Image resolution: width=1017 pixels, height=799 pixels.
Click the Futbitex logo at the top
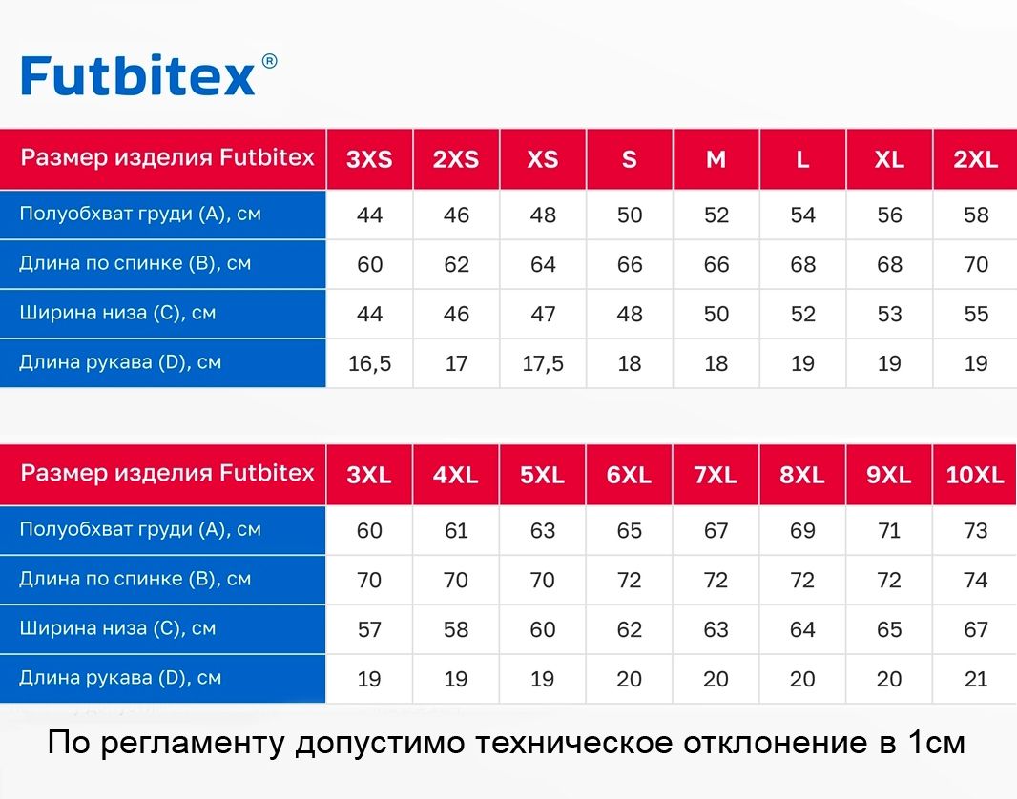138,75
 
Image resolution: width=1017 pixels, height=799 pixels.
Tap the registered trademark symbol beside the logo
269,62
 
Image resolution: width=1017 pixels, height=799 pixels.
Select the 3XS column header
369,159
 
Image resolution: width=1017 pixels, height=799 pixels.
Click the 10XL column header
975,475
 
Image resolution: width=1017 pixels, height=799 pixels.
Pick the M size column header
716,159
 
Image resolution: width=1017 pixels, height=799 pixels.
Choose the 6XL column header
629,475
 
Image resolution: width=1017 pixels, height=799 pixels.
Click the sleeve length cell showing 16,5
370,363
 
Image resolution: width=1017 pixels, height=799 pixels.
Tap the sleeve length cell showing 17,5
543,363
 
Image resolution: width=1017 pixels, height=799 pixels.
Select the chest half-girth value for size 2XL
976,215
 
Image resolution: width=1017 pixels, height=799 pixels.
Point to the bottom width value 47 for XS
543,315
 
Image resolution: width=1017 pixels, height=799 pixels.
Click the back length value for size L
803,264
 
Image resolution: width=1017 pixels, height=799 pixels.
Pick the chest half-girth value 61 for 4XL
456,531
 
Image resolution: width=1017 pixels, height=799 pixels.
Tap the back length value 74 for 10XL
975,580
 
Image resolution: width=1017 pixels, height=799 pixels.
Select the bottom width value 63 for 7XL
716,629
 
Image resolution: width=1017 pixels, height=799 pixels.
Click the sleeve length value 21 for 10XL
976,679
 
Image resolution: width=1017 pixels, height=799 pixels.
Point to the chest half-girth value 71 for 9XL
889,531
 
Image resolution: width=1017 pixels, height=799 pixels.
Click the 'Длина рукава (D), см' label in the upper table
120,362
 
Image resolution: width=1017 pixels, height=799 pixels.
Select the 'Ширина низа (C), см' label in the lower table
117,628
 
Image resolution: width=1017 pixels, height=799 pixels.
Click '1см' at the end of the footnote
937,743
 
